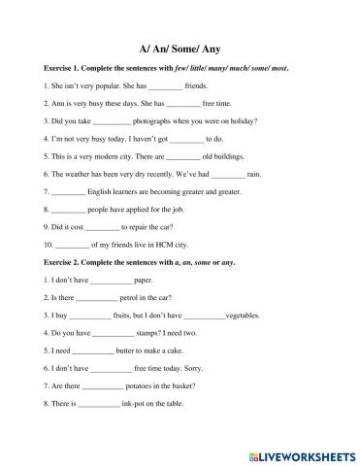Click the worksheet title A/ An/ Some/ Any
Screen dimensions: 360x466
point(180,47)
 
